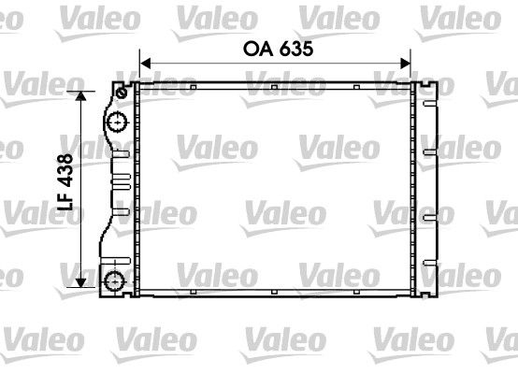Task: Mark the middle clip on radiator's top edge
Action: (273, 89)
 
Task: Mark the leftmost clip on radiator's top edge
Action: (191, 89)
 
